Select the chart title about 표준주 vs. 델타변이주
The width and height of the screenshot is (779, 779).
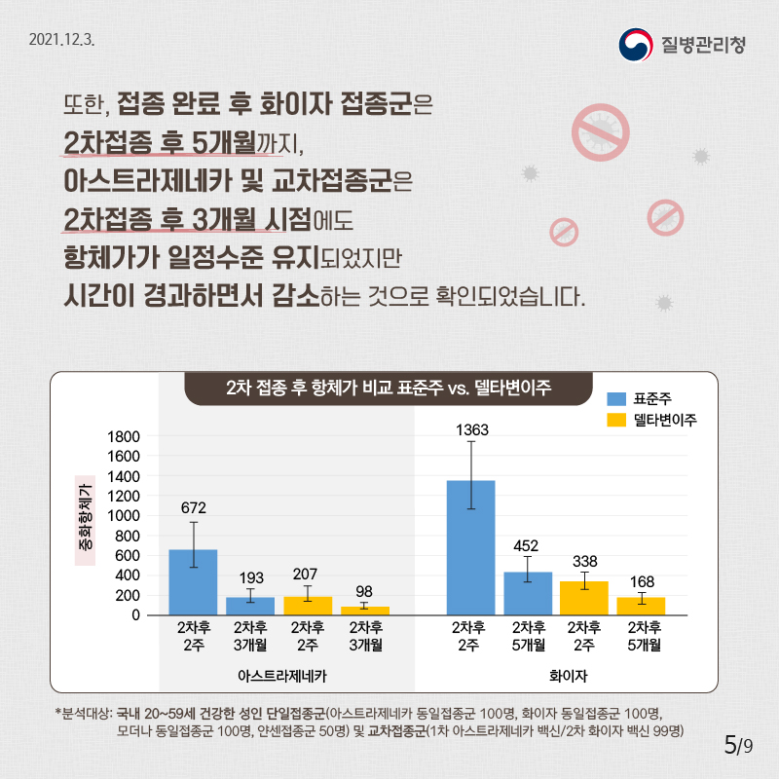(x=389, y=387)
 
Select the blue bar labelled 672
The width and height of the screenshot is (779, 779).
(x=193, y=582)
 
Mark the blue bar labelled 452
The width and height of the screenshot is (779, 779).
(x=528, y=593)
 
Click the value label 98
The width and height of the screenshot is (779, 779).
(x=364, y=591)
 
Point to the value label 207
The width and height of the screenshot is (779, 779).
(x=308, y=575)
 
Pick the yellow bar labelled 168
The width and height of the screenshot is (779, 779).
(x=641, y=606)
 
